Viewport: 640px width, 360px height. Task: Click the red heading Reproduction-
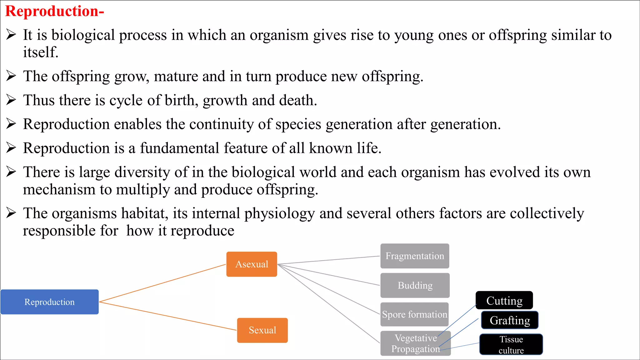tap(55, 11)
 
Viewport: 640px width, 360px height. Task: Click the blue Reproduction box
tap(49, 302)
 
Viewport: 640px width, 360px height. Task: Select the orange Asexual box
tap(252, 264)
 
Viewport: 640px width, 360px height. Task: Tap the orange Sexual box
tap(262, 330)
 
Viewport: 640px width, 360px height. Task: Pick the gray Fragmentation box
tap(415, 256)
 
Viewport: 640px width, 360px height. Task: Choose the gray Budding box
tap(415, 285)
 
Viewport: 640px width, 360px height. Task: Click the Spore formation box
tap(415, 314)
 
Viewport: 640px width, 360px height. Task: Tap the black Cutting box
tap(504, 300)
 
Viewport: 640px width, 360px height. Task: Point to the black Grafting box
tap(510, 320)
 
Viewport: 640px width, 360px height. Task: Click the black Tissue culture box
tap(511, 344)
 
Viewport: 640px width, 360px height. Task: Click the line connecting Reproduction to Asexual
tap(162, 283)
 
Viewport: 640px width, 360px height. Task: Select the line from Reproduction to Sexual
tap(168, 316)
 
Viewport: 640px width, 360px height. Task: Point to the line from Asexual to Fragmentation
tap(328, 260)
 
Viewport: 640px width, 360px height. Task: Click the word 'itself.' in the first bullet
tap(41, 52)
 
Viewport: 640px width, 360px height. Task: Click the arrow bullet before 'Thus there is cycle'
tap(11, 100)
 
